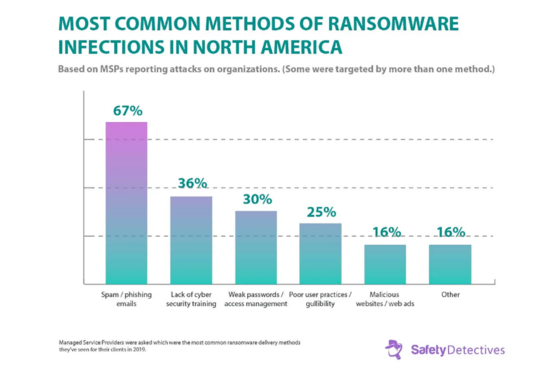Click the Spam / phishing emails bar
[x=126, y=203]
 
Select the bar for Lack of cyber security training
[x=191, y=240]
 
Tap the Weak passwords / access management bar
[x=256, y=248]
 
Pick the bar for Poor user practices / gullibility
[x=320, y=254]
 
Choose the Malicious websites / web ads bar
[x=385, y=264]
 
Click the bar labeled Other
[x=450, y=264]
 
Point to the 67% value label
[x=128, y=111]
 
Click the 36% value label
[x=192, y=183]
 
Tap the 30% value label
[x=257, y=199]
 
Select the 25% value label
[x=321, y=212]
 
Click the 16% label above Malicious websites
[x=386, y=232]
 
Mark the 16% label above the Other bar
[x=451, y=232]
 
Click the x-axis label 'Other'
[x=451, y=295]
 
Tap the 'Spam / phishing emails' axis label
[x=126, y=299]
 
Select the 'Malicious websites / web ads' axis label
[x=385, y=299]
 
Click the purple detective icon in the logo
[x=394, y=350]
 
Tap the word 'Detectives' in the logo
[x=476, y=350]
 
